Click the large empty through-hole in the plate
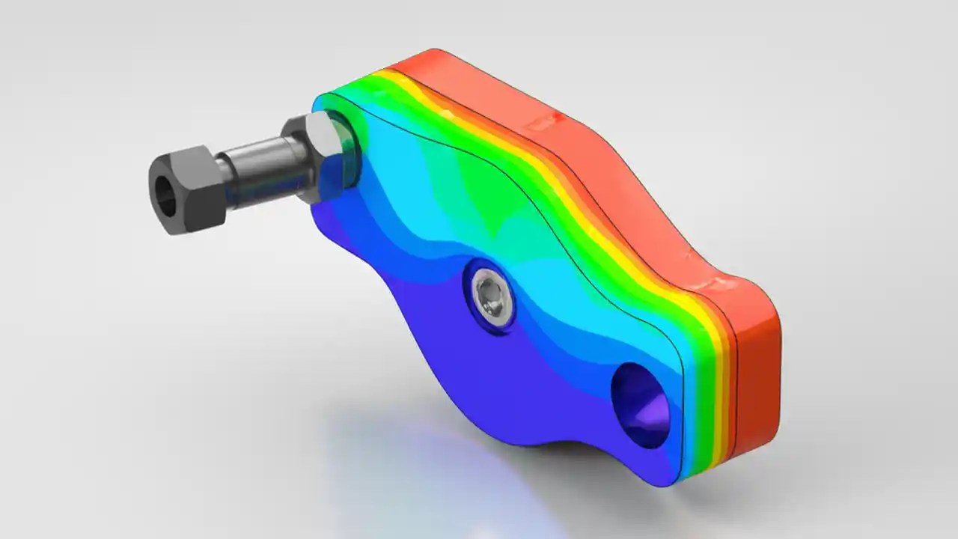tap(640, 404)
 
